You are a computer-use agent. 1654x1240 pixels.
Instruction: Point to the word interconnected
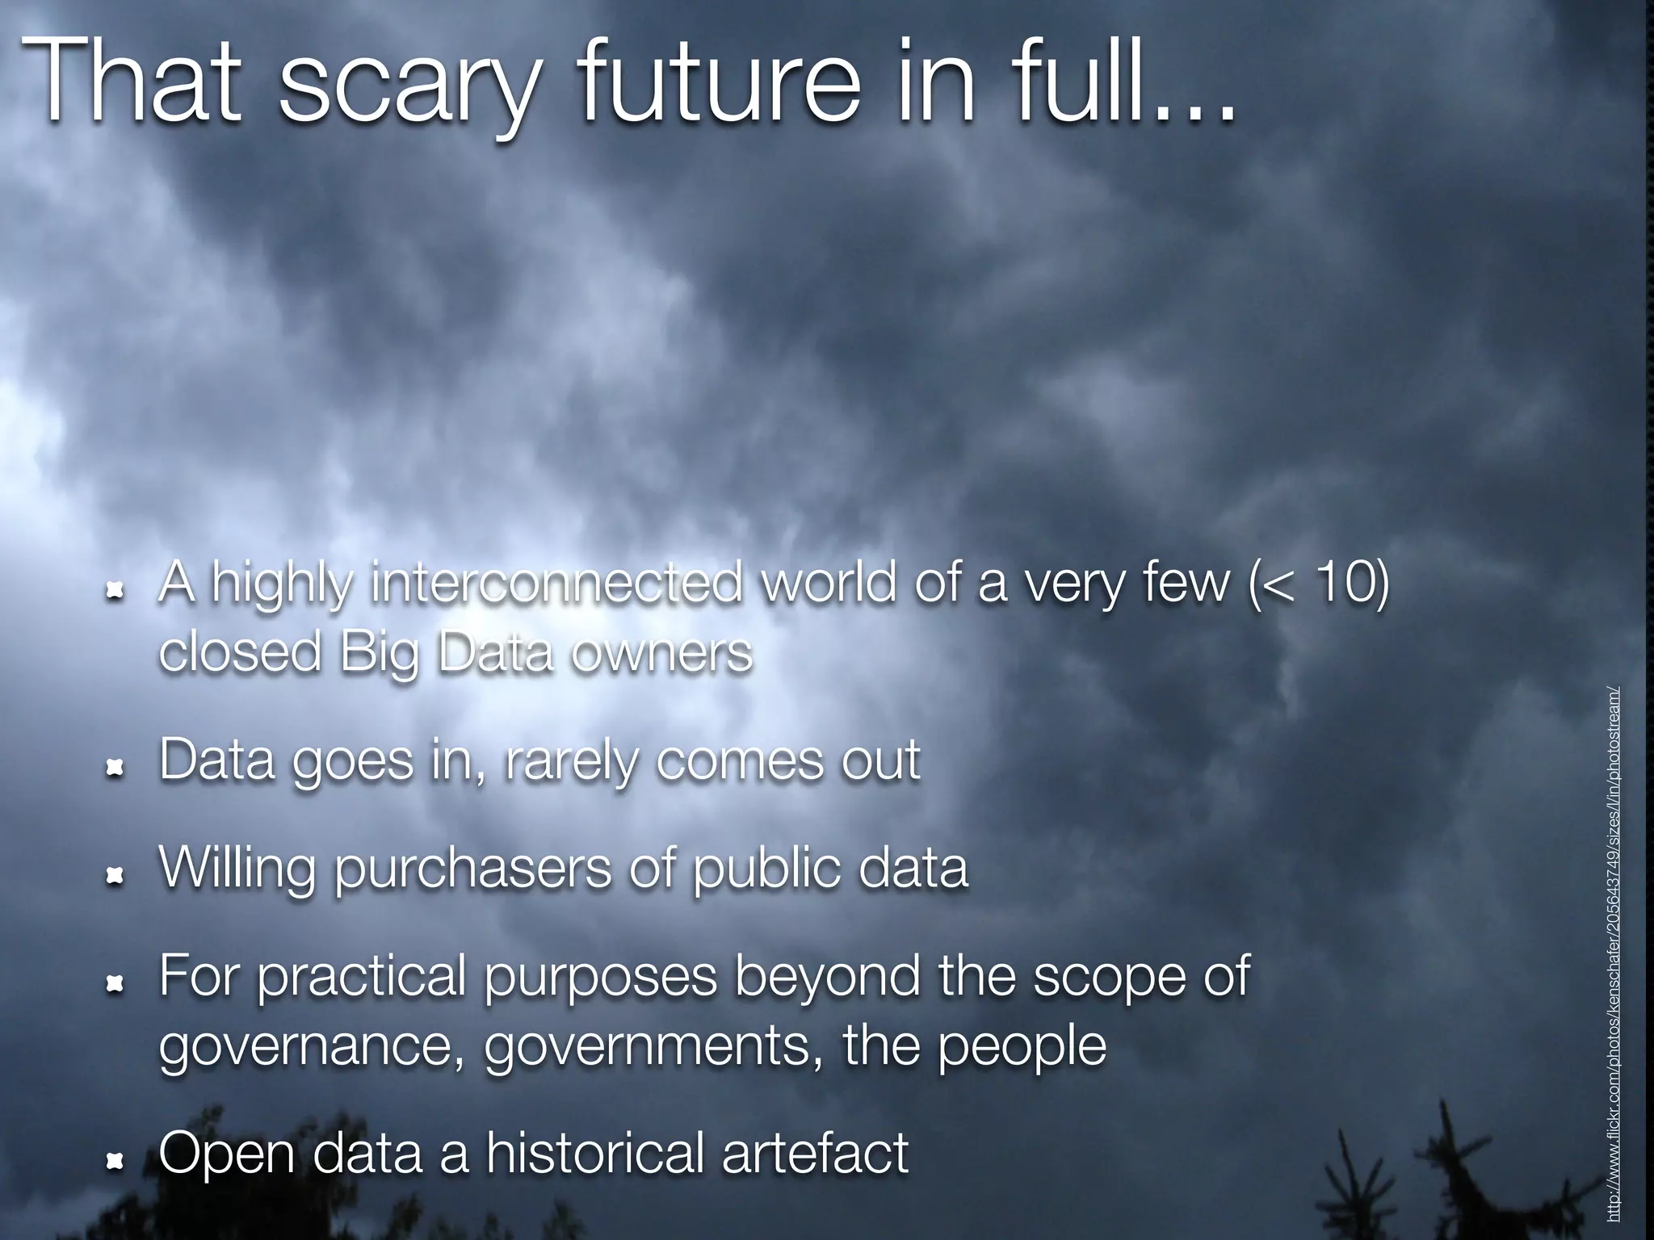(556, 582)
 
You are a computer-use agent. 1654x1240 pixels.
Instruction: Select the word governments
(646, 1047)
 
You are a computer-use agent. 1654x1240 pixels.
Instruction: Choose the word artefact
(815, 1153)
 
